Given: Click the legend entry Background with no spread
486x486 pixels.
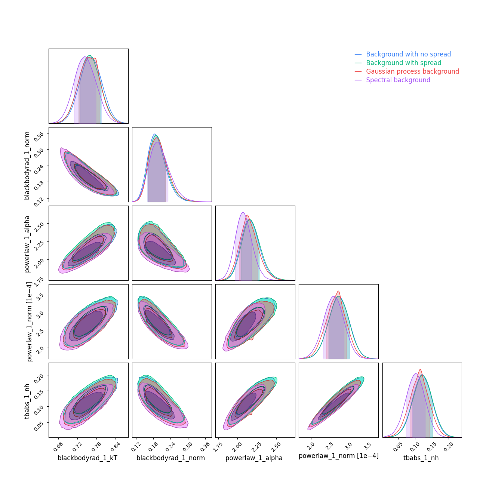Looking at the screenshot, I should point(408,54).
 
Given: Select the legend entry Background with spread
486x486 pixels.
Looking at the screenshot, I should point(403,63).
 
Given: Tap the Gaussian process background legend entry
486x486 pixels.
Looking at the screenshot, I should point(412,71).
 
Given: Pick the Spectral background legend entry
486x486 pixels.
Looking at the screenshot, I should point(398,80).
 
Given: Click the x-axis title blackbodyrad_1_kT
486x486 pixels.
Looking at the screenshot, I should point(87,458).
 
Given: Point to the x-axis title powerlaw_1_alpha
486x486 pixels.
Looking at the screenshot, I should point(254,458).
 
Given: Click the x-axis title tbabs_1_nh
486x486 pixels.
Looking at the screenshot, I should point(421,458).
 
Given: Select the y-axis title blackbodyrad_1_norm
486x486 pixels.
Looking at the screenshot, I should point(27,165).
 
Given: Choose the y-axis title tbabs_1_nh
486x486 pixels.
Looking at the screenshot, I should point(27,400).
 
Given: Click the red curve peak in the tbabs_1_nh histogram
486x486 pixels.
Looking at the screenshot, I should point(420,370).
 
